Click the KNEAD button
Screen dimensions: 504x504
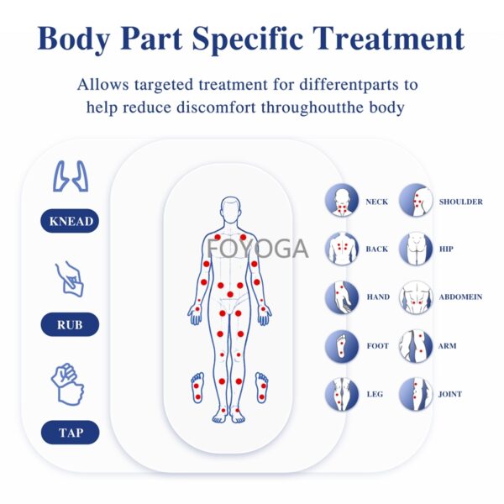point(70,221)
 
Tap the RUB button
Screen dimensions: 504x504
point(70,324)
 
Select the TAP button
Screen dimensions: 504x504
point(70,433)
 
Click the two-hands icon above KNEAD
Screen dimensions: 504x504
point(71,176)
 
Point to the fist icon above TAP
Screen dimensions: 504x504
point(68,384)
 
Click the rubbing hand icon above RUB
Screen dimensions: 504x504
point(70,279)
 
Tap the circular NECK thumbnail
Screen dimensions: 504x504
point(342,201)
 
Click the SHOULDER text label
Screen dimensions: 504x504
point(461,202)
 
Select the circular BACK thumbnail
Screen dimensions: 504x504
point(342,249)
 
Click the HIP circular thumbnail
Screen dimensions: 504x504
point(416,249)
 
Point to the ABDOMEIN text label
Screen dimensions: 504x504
point(460,297)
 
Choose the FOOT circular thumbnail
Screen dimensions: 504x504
point(342,346)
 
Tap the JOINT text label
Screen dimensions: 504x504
point(450,394)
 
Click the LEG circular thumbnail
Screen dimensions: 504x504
point(342,394)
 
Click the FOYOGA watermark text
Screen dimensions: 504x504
point(258,249)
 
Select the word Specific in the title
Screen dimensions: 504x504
point(248,39)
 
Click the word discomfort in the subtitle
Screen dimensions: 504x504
point(217,108)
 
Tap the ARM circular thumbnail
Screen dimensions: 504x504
point(416,346)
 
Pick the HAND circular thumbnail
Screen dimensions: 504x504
point(342,297)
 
